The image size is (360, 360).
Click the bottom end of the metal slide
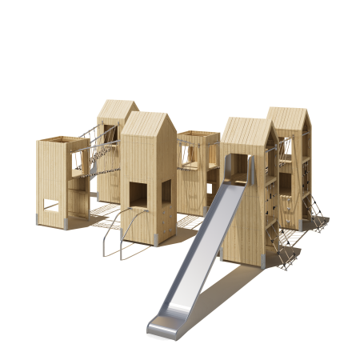[x=160, y=324]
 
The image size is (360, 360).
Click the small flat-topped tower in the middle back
[x=197, y=172]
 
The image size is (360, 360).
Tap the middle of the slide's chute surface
[x=200, y=256]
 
